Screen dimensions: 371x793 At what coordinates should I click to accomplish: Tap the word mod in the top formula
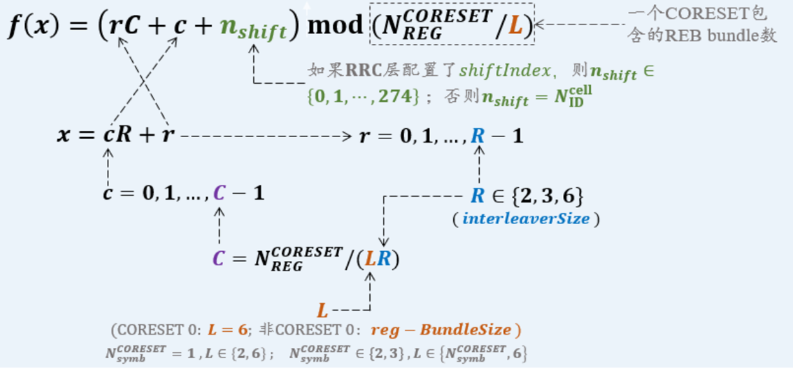click(335, 25)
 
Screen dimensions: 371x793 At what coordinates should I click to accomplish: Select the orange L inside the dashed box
click(514, 26)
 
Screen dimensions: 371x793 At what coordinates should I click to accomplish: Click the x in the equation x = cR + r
click(64, 135)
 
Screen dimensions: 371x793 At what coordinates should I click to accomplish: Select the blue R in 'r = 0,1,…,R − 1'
click(478, 136)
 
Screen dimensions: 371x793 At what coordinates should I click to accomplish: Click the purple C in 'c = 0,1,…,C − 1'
click(220, 193)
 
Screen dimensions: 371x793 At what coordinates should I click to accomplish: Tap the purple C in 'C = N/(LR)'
click(219, 259)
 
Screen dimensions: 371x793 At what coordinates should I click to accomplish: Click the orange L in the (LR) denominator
click(370, 259)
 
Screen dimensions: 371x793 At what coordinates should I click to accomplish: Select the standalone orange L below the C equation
click(322, 310)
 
